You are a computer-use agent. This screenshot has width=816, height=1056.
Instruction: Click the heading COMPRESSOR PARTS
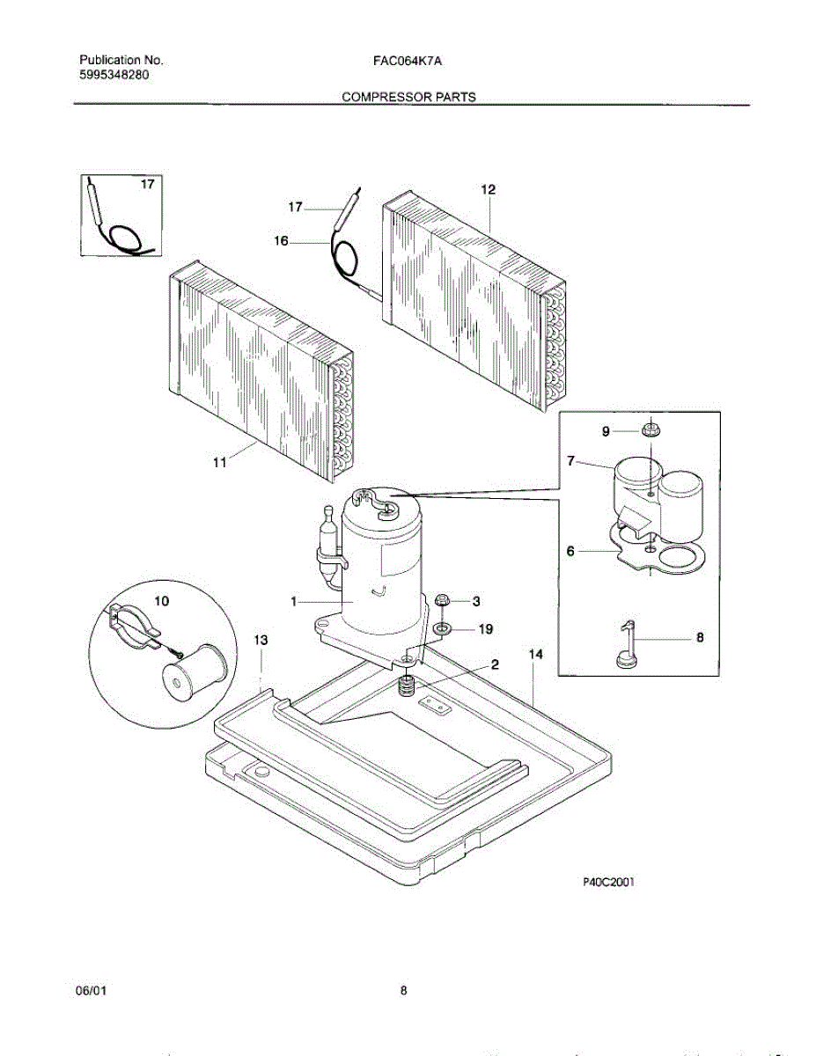click(408, 97)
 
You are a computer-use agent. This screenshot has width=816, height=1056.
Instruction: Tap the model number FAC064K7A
click(408, 61)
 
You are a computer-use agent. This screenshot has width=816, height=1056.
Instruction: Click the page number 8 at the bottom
click(403, 991)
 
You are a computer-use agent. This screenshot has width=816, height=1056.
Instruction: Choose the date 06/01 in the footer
click(92, 991)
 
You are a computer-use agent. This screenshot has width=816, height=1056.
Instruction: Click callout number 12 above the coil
click(488, 189)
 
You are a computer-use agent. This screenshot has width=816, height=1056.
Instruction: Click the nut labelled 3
click(444, 601)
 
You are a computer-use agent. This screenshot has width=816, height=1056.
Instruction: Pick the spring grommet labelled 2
click(408, 686)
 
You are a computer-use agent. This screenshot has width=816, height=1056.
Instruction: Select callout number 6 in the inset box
click(570, 551)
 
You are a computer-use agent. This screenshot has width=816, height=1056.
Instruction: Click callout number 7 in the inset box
click(570, 460)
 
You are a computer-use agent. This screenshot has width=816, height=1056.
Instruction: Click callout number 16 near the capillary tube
click(281, 239)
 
